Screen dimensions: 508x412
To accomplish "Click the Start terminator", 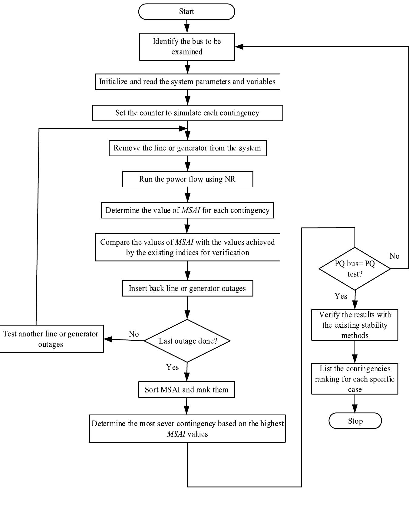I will (x=186, y=11).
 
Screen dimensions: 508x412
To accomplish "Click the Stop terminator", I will (x=355, y=421).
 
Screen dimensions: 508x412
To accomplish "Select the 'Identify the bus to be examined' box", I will (x=187, y=46).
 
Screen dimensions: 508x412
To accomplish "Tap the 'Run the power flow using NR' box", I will (x=187, y=179).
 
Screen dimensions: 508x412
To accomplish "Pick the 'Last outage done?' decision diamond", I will (x=187, y=341).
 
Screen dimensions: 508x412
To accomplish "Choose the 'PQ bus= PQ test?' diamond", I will (x=354, y=269).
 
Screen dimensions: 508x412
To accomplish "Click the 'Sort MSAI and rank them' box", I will (x=186, y=390).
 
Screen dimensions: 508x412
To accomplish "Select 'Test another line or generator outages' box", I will (x=51, y=339).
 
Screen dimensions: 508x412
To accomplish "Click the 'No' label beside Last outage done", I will (x=134, y=334).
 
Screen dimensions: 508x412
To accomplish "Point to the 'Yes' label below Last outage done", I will (x=173, y=367).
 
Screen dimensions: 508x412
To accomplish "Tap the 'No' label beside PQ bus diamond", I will (x=394, y=256).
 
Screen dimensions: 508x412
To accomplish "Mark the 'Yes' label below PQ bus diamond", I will (x=341, y=296).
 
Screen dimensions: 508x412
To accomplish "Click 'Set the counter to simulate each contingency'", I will (x=187, y=113).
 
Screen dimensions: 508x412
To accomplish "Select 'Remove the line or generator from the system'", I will (x=187, y=148).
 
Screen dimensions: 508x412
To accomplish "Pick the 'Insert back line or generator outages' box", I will (x=187, y=288).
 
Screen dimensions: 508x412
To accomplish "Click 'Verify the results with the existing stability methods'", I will (x=354, y=325).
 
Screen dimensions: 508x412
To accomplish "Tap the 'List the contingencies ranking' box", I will (x=354, y=379).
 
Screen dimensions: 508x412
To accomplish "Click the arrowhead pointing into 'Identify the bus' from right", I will (x=239, y=47).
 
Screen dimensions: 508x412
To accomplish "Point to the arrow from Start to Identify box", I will (x=187, y=26).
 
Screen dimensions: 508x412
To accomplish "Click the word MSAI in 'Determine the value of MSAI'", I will (x=191, y=210).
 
